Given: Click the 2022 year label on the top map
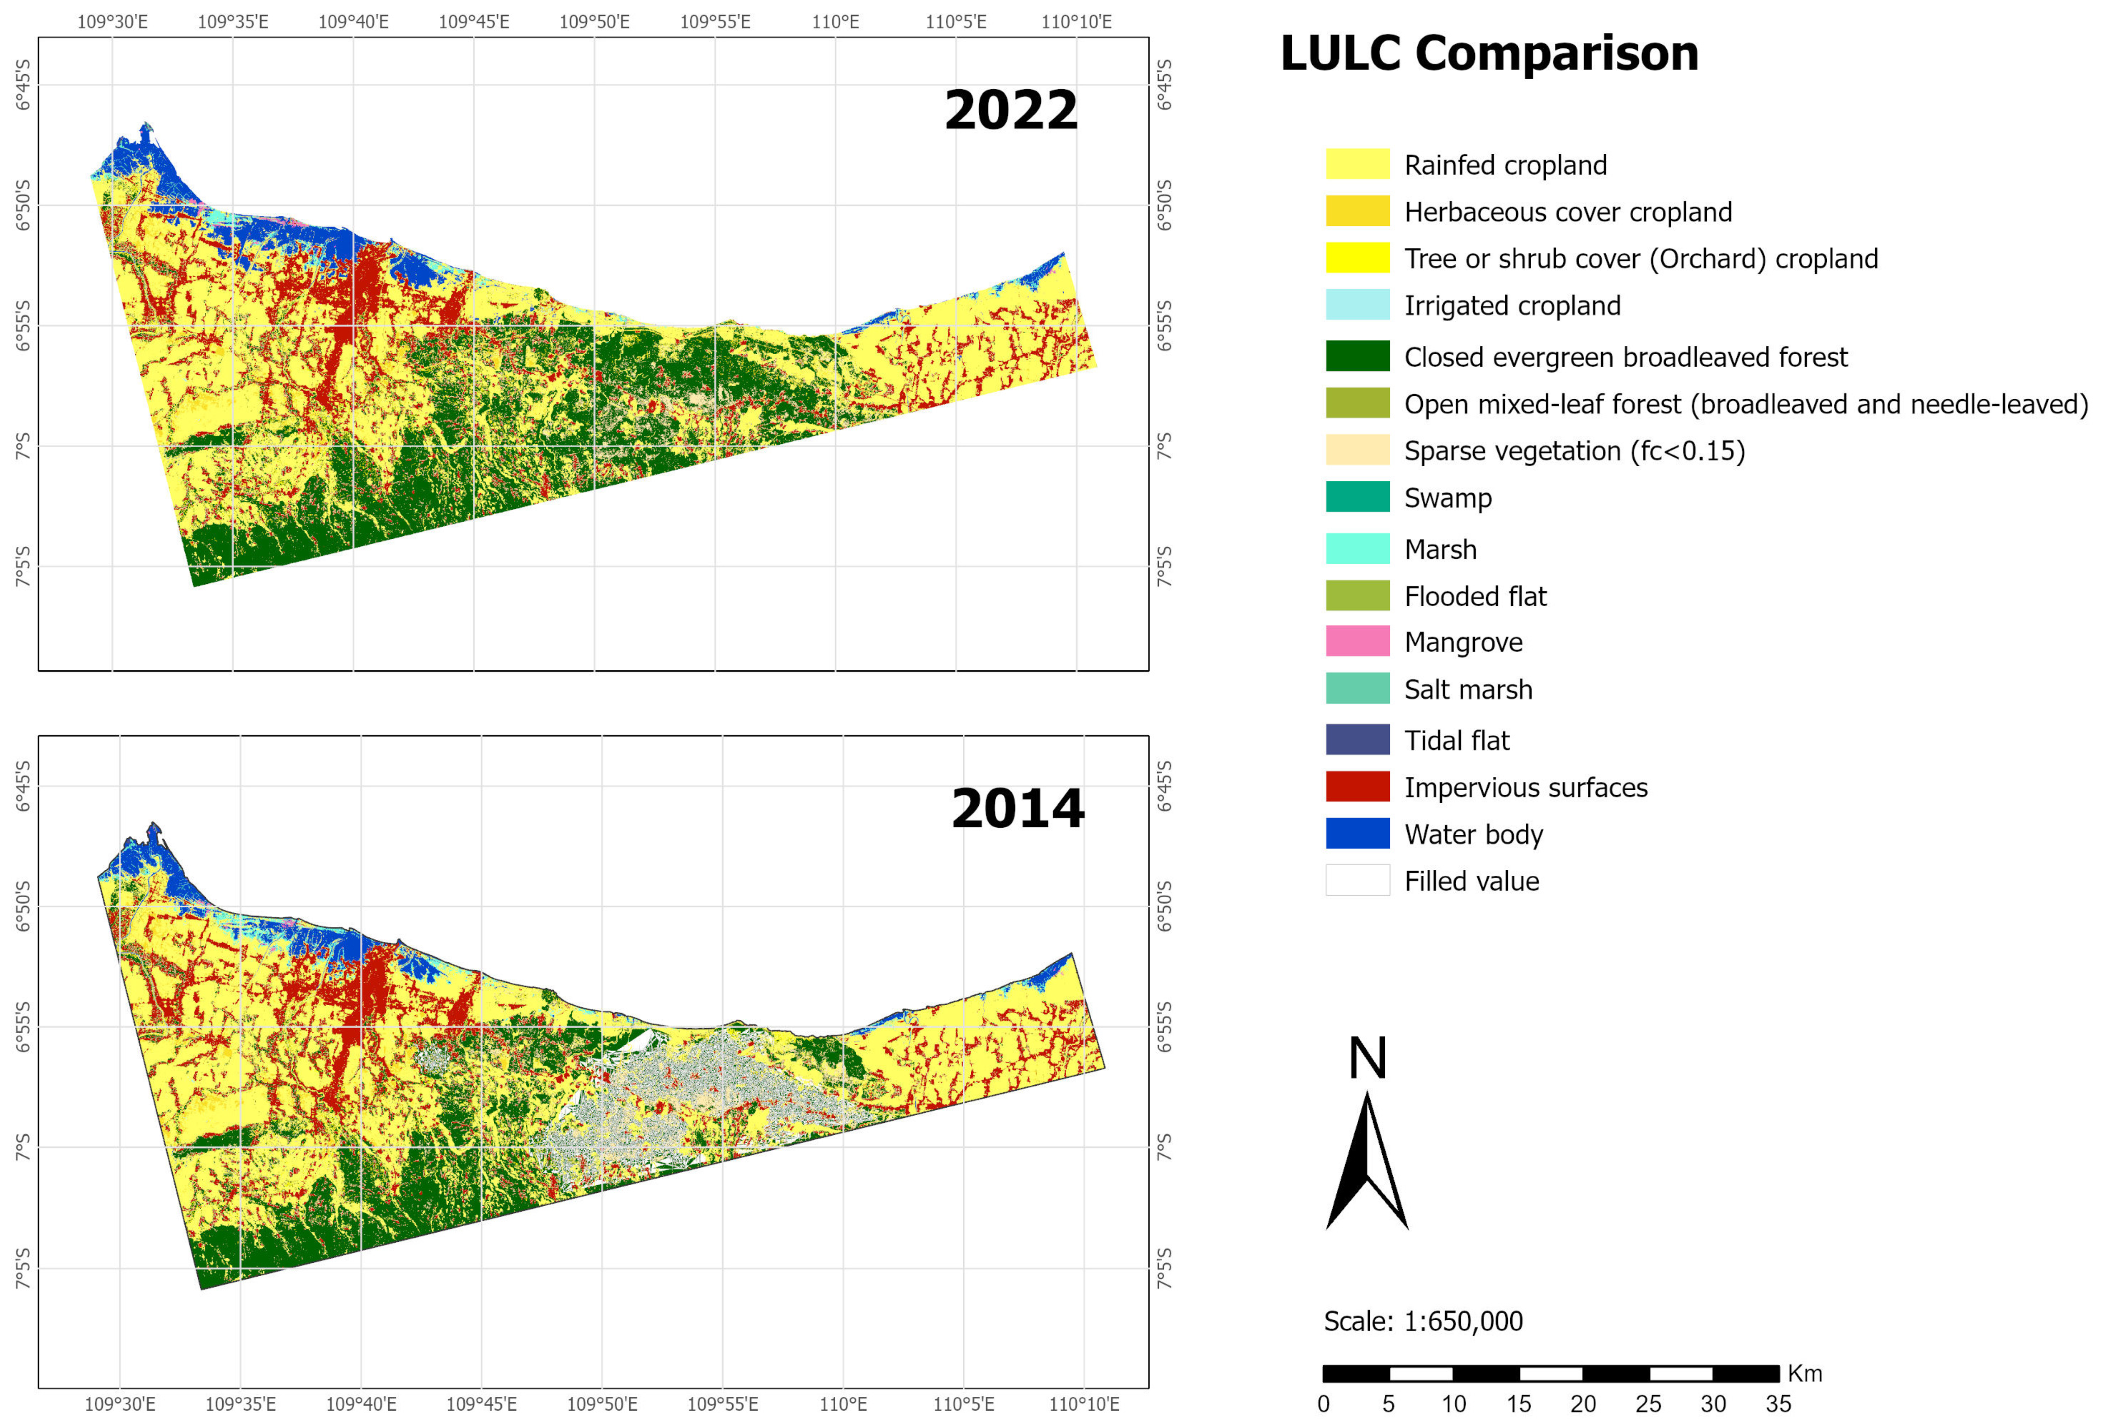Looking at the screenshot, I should coord(1010,110).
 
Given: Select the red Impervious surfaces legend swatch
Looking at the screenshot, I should coord(1357,786).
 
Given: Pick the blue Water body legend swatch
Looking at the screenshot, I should coord(1357,833).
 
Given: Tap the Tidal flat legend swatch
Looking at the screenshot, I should coord(1357,739).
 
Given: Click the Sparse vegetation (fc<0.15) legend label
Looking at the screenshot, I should coord(1574,451).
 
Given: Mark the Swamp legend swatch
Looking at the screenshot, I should coord(1357,496).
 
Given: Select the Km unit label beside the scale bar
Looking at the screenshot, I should coord(1804,1373).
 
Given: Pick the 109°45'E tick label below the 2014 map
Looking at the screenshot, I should coord(481,1404).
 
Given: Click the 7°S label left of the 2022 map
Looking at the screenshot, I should coord(22,445).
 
